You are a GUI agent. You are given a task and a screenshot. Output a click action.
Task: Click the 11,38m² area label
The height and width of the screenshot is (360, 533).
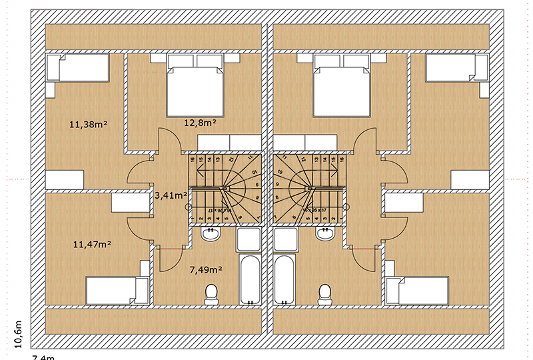[88, 123]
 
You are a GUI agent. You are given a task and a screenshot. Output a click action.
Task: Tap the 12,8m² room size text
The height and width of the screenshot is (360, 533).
[199, 122]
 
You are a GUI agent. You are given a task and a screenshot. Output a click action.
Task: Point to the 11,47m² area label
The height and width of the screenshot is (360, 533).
[91, 245]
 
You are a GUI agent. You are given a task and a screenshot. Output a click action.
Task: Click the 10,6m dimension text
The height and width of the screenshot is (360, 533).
[18, 333]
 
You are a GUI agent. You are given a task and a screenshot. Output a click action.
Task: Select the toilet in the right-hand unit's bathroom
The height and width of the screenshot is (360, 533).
[325, 293]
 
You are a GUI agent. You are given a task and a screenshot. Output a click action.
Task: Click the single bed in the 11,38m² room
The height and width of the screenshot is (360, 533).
[77, 68]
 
